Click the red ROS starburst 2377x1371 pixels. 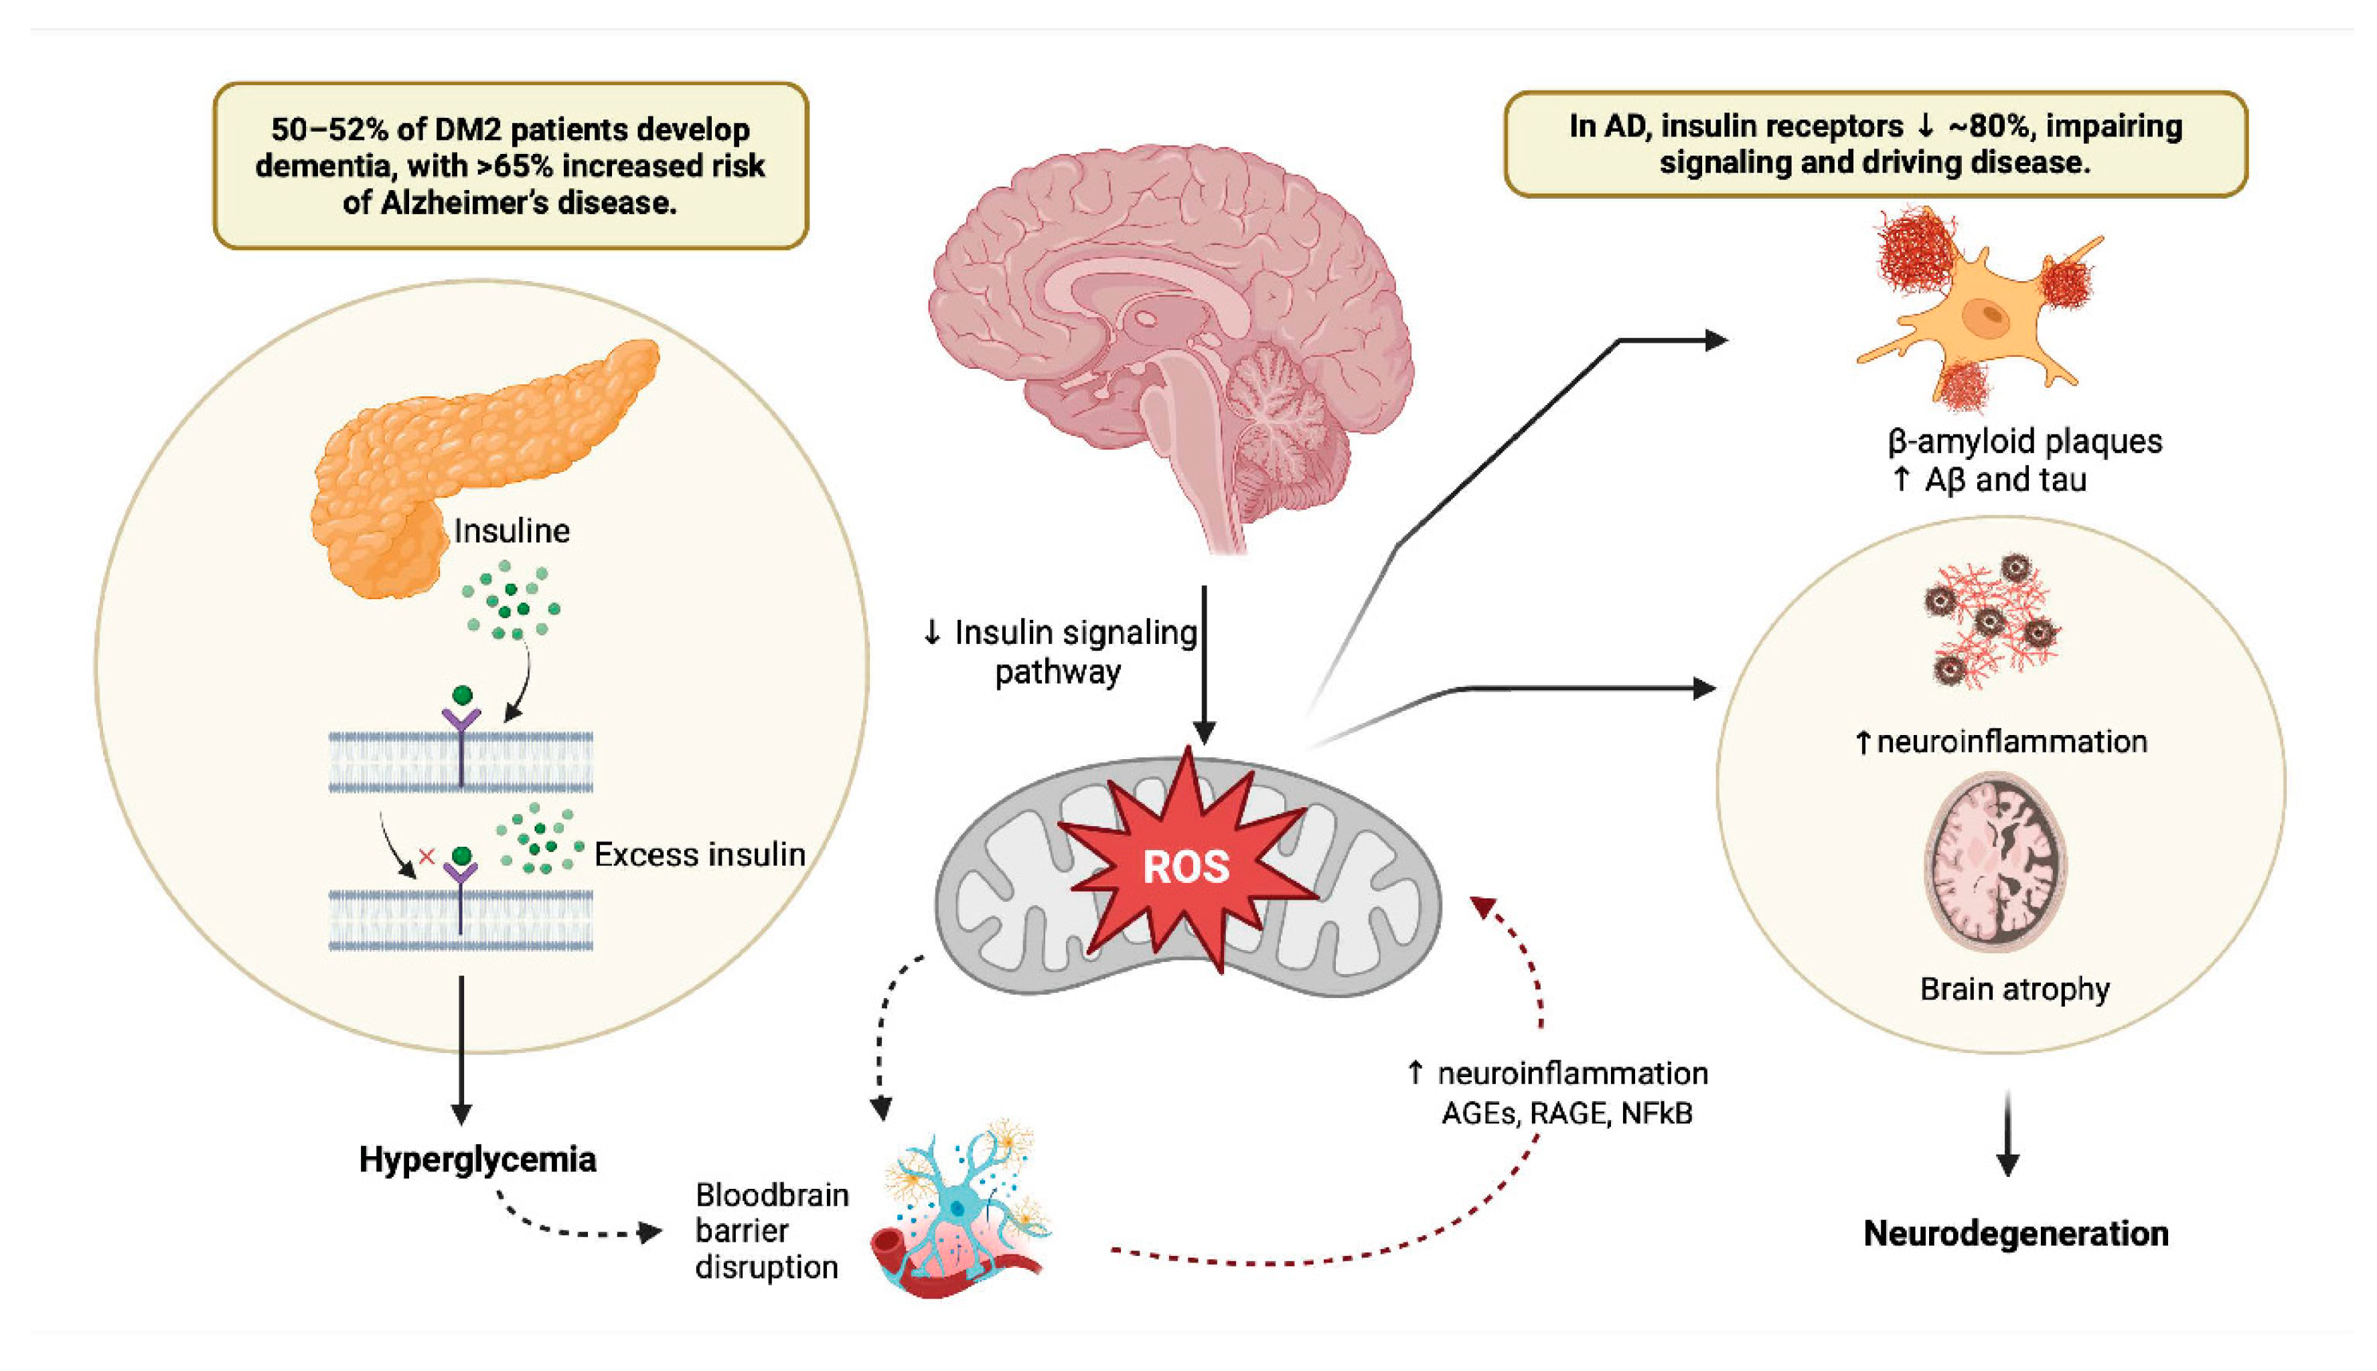tap(1186, 864)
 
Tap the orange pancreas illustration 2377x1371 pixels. tap(452, 452)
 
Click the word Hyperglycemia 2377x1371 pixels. tap(477, 1159)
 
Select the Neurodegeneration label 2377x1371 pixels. tap(2015, 1234)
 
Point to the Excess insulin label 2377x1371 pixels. tap(700, 855)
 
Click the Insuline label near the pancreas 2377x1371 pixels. tap(512, 531)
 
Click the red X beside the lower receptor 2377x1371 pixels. tap(427, 856)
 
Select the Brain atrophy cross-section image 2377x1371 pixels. tap(1994, 862)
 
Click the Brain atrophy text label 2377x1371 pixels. tap(2014, 989)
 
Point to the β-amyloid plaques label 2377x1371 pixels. tap(2025, 440)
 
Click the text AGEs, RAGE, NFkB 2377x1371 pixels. tap(1567, 1114)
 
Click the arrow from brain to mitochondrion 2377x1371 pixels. tap(1204, 659)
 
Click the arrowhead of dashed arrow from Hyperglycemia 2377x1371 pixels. tap(649, 1232)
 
